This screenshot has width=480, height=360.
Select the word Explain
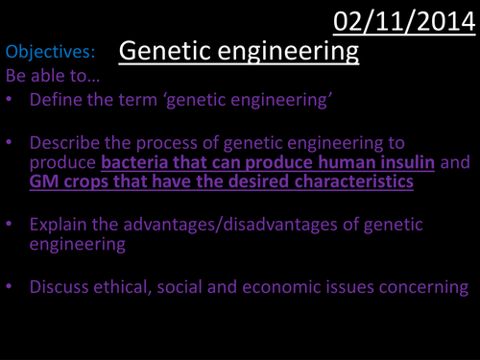[59, 225]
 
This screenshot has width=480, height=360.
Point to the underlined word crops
[84, 181]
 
